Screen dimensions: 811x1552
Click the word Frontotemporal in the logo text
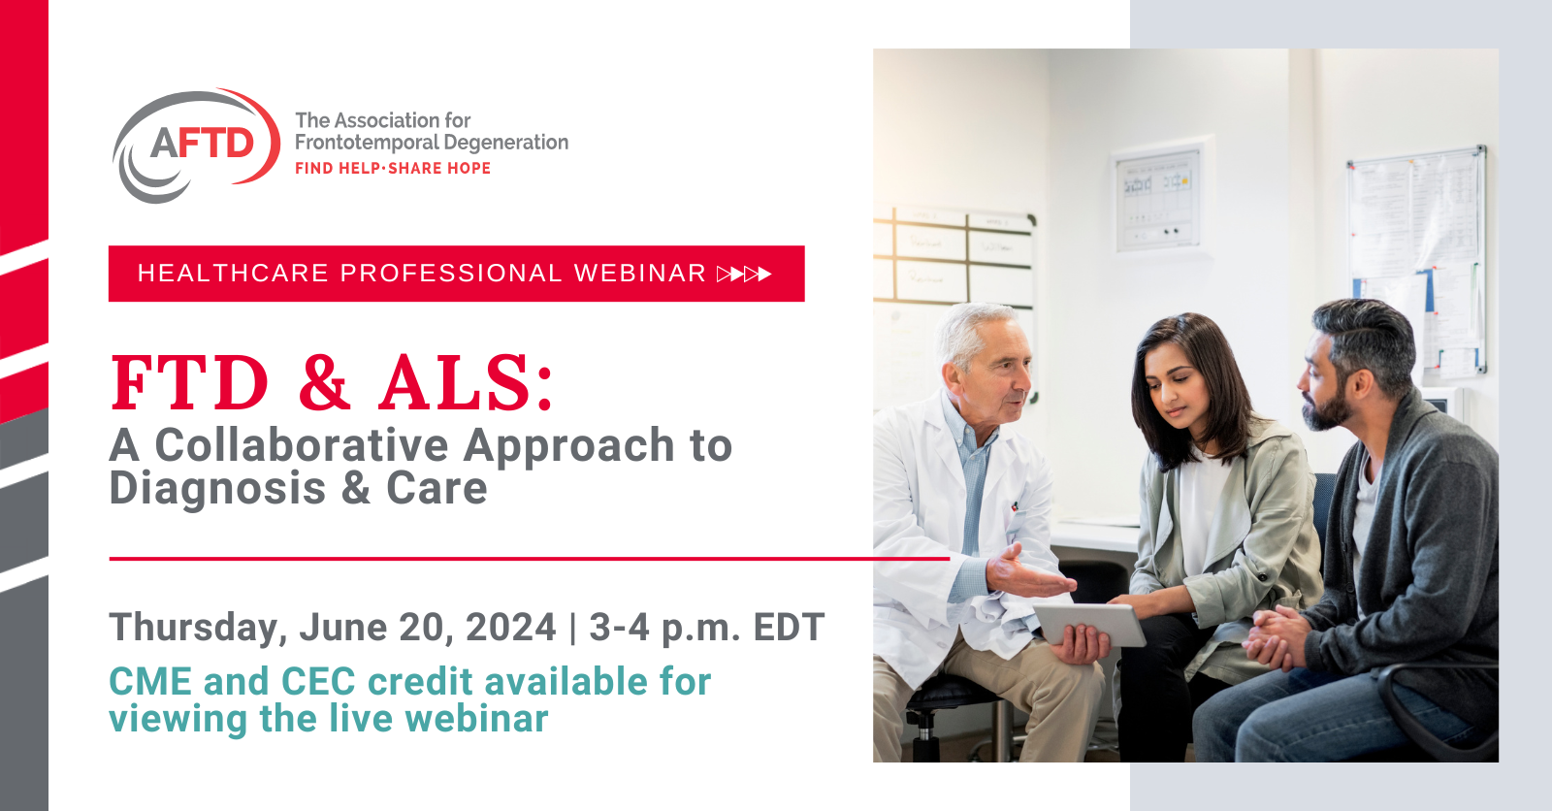pyautogui.click(x=366, y=143)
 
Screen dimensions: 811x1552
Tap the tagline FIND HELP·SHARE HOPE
pyautogui.click(x=393, y=169)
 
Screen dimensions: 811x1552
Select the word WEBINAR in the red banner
pyautogui.click(x=640, y=274)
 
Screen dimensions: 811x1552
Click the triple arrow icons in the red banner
pyautogui.click(x=744, y=275)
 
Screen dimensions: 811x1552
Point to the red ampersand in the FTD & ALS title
pyautogui.click(x=324, y=382)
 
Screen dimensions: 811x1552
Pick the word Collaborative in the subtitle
pyautogui.click(x=302, y=446)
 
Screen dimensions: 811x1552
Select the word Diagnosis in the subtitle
pyautogui.click(x=217, y=488)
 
